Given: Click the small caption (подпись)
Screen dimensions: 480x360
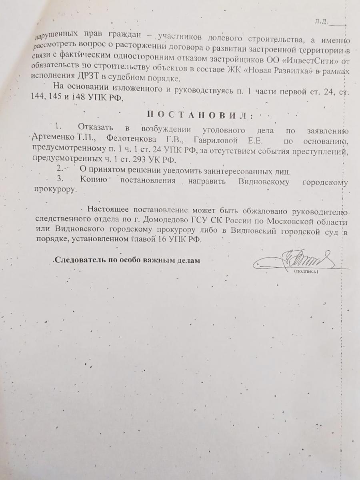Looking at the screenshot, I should click(x=306, y=272).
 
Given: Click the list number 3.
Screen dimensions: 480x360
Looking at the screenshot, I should click(x=61, y=179).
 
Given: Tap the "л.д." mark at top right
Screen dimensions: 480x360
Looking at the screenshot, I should click(x=321, y=21).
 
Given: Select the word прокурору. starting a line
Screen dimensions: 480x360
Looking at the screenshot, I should click(x=54, y=190).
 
